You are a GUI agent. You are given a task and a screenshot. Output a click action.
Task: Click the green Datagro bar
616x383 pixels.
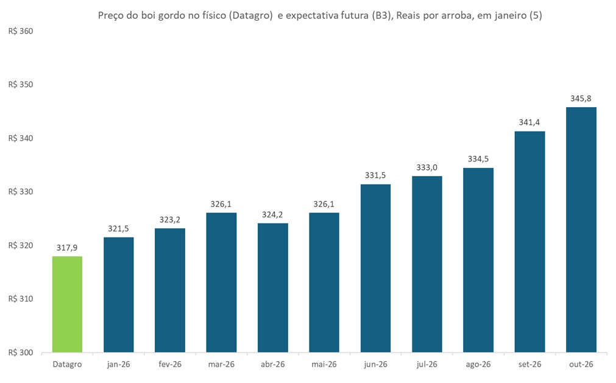click(67, 304)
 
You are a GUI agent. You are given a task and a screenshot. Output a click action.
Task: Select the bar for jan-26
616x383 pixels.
click(119, 294)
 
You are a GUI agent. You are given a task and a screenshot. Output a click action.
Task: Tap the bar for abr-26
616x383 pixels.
click(273, 287)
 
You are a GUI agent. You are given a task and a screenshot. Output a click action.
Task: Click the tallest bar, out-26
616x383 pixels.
click(581, 230)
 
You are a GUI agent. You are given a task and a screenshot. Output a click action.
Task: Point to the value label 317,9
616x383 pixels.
click(67, 248)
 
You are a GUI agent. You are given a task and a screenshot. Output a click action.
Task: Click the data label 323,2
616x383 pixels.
click(170, 220)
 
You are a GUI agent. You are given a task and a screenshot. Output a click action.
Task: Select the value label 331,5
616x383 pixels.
click(375, 175)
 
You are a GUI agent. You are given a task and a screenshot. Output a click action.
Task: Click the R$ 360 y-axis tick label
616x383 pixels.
click(20, 31)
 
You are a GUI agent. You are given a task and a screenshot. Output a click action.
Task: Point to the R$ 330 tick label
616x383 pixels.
click(20, 192)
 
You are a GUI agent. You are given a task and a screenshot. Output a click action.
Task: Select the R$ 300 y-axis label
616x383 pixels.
click(20, 353)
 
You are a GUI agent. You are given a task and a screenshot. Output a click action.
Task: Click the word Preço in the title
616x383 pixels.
click(111, 16)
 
